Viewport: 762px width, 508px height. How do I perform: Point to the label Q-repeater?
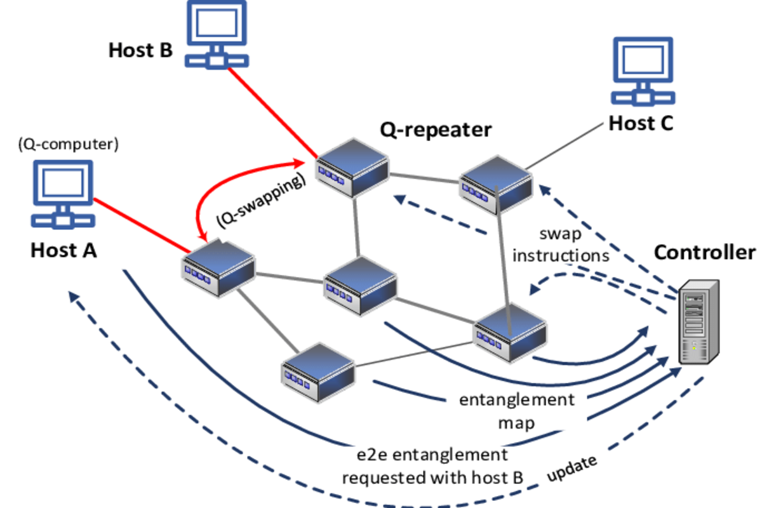pyautogui.click(x=436, y=130)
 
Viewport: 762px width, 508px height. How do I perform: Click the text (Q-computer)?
pyautogui.click(x=68, y=145)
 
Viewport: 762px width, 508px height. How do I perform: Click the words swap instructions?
pyautogui.click(x=561, y=245)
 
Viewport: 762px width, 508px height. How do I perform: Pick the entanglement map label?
pyautogui.click(x=516, y=410)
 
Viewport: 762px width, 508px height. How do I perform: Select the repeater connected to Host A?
pyautogui.click(x=217, y=267)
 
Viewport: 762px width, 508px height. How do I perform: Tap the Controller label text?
pyautogui.click(x=705, y=252)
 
